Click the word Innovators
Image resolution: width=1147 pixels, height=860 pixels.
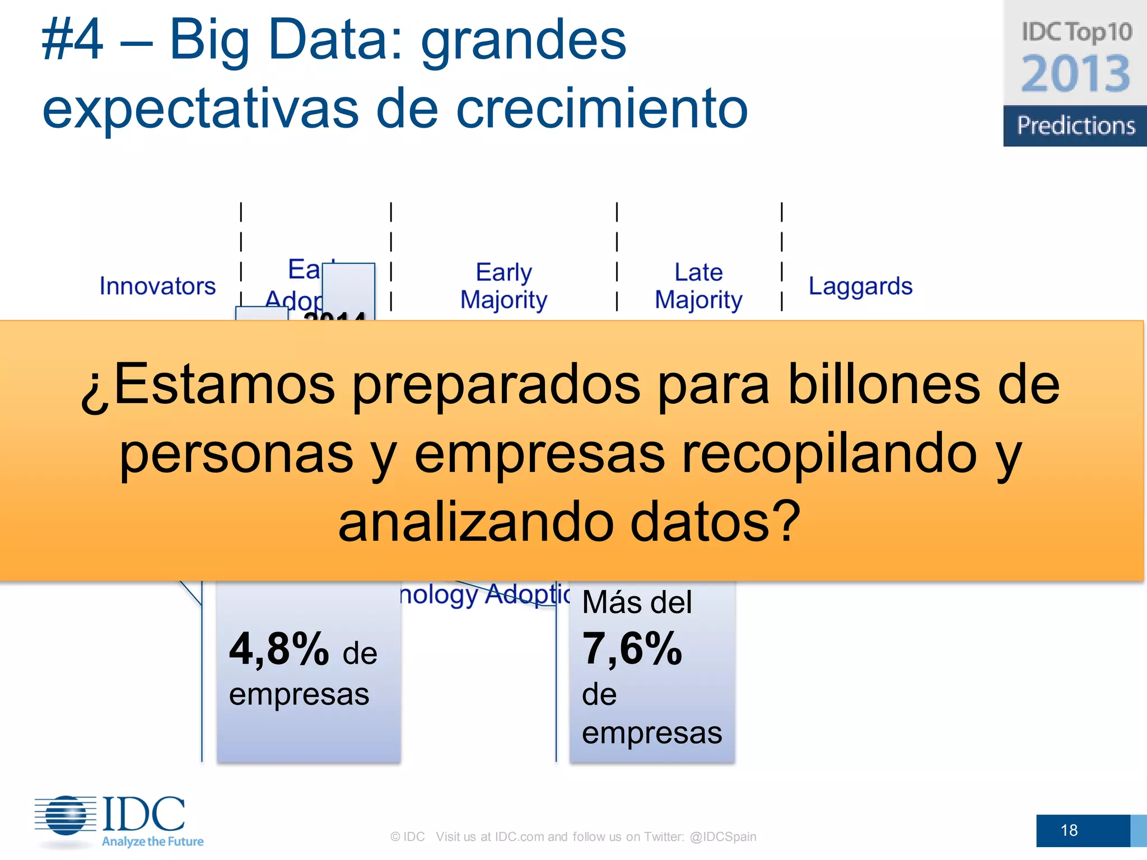(x=157, y=286)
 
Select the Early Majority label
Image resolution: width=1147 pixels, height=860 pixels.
(x=503, y=286)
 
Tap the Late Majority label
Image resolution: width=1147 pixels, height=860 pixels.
(x=698, y=286)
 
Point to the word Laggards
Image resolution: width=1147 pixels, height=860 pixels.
(x=860, y=286)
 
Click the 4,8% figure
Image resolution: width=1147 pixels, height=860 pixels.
(x=279, y=649)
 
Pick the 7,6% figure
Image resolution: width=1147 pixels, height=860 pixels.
(x=632, y=649)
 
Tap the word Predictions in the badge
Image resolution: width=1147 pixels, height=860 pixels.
(x=1076, y=125)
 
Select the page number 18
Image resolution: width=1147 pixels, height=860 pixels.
(x=1069, y=830)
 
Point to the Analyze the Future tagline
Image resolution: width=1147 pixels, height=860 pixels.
(x=152, y=842)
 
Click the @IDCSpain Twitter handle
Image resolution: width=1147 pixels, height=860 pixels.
(x=723, y=836)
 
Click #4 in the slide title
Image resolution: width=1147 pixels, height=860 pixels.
(x=73, y=40)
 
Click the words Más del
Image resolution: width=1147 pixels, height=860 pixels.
(x=637, y=602)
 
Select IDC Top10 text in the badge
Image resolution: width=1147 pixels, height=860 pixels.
(x=1076, y=32)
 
